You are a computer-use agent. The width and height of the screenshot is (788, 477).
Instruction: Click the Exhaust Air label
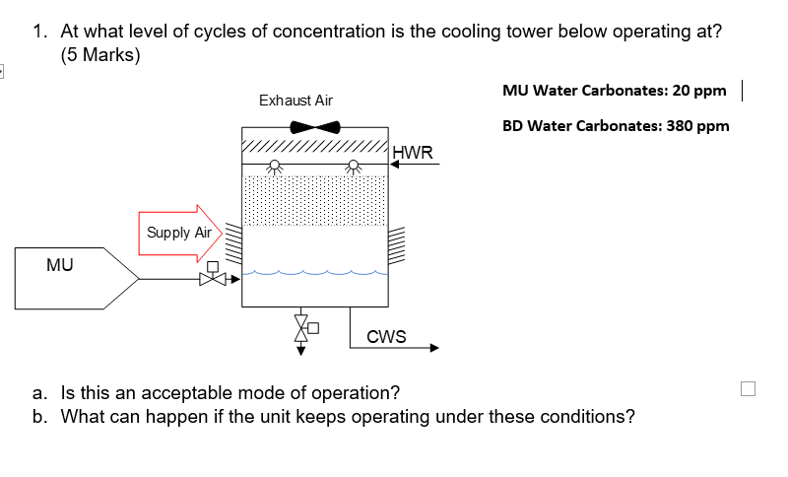click(x=295, y=101)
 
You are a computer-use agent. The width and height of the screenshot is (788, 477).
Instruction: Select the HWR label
click(x=412, y=152)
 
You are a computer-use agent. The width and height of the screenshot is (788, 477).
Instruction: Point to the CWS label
click(x=386, y=337)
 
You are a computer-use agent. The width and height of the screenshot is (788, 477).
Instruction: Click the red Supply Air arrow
click(x=183, y=234)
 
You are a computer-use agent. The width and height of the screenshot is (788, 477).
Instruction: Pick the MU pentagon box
click(x=74, y=279)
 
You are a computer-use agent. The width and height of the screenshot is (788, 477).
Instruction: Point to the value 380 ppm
click(x=696, y=126)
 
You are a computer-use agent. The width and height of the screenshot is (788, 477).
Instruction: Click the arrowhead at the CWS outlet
click(x=432, y=347)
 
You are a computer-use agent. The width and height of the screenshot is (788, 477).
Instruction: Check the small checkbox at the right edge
click(x=748, y=388)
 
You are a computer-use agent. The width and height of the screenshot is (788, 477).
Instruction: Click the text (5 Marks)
click(x=100, y=55)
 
